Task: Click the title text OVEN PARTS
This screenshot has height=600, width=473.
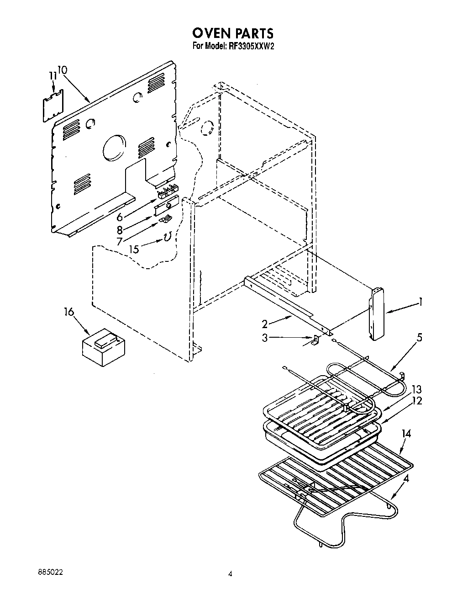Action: pyautogui.click(x=233, y=33)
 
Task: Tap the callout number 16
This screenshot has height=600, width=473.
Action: pyautogui.click(x=68, y=312)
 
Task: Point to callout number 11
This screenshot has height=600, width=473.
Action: pyautogui.click(x=53, y=75)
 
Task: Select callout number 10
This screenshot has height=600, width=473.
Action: pyautogui.click(x=63, y=70)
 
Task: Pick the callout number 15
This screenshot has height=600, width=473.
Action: pyautogui.click(x=134, y=249)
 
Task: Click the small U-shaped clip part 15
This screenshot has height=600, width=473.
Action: pyautogui.click(x=167, y=237)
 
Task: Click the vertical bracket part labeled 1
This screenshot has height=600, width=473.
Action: pyautogui.click(x=377, y=314)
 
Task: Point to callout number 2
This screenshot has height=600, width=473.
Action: pyautogui.click(x=265, y=324)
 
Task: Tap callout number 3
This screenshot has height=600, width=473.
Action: pyautogui.click(x=265, y=338)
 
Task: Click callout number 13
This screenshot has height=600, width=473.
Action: pyautogui.click(x=416, y=389)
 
